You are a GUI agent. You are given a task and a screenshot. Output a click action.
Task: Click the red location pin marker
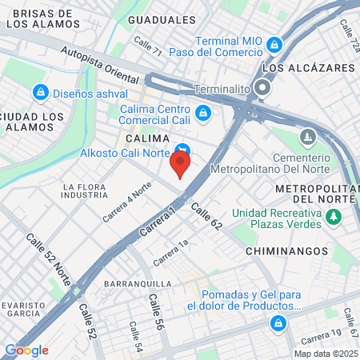(x=180, y=165)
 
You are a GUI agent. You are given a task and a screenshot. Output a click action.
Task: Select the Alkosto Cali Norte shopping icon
(x=183, y=149)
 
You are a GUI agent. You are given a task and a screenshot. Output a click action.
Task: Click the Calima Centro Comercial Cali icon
(x=203, y=112)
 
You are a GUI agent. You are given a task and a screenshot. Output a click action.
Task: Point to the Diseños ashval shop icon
(x=39, y=94)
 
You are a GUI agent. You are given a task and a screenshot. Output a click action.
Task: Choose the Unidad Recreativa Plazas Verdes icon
(x=334, y=216)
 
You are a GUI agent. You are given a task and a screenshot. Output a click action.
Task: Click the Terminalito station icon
(x=262, y=90)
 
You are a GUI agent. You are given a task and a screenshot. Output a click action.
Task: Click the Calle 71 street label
(x=148, y=46)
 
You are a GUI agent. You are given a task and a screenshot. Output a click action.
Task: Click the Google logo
(x=26, y=350)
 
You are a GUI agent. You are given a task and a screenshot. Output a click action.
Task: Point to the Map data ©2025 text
(x=325, y=354)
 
